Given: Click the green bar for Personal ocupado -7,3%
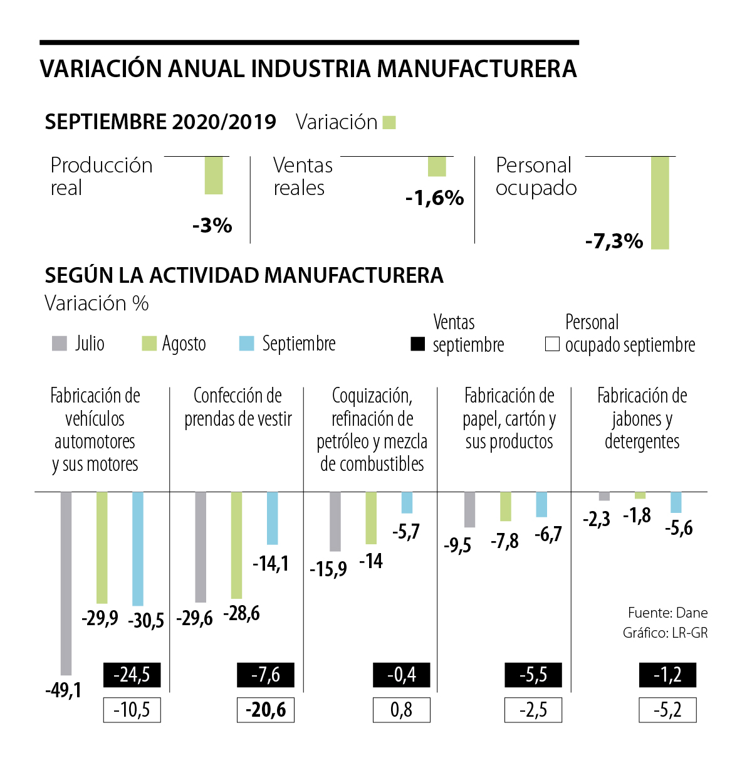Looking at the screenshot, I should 660,203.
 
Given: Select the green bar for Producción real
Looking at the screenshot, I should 214,176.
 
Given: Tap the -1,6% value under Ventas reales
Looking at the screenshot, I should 434,198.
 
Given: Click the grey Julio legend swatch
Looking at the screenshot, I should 60,344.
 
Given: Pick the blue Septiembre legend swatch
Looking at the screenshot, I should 247,344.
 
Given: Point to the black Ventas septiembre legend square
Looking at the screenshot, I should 417,344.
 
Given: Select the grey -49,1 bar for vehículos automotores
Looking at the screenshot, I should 66,583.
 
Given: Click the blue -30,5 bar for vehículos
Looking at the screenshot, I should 138,549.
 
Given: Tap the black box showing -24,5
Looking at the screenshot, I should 132,675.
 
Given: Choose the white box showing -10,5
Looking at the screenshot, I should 132,710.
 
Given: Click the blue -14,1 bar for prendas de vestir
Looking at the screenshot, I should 272,518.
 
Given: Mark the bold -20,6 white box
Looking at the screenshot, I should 266,710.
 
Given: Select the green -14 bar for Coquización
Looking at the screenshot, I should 371,518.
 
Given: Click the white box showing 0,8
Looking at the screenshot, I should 401,710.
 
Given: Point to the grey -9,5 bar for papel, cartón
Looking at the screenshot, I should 469,510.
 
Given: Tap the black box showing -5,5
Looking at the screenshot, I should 533,675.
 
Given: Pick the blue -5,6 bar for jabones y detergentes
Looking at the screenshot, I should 676,502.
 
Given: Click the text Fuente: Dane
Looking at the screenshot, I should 667,613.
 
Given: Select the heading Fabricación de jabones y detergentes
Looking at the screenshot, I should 642,418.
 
